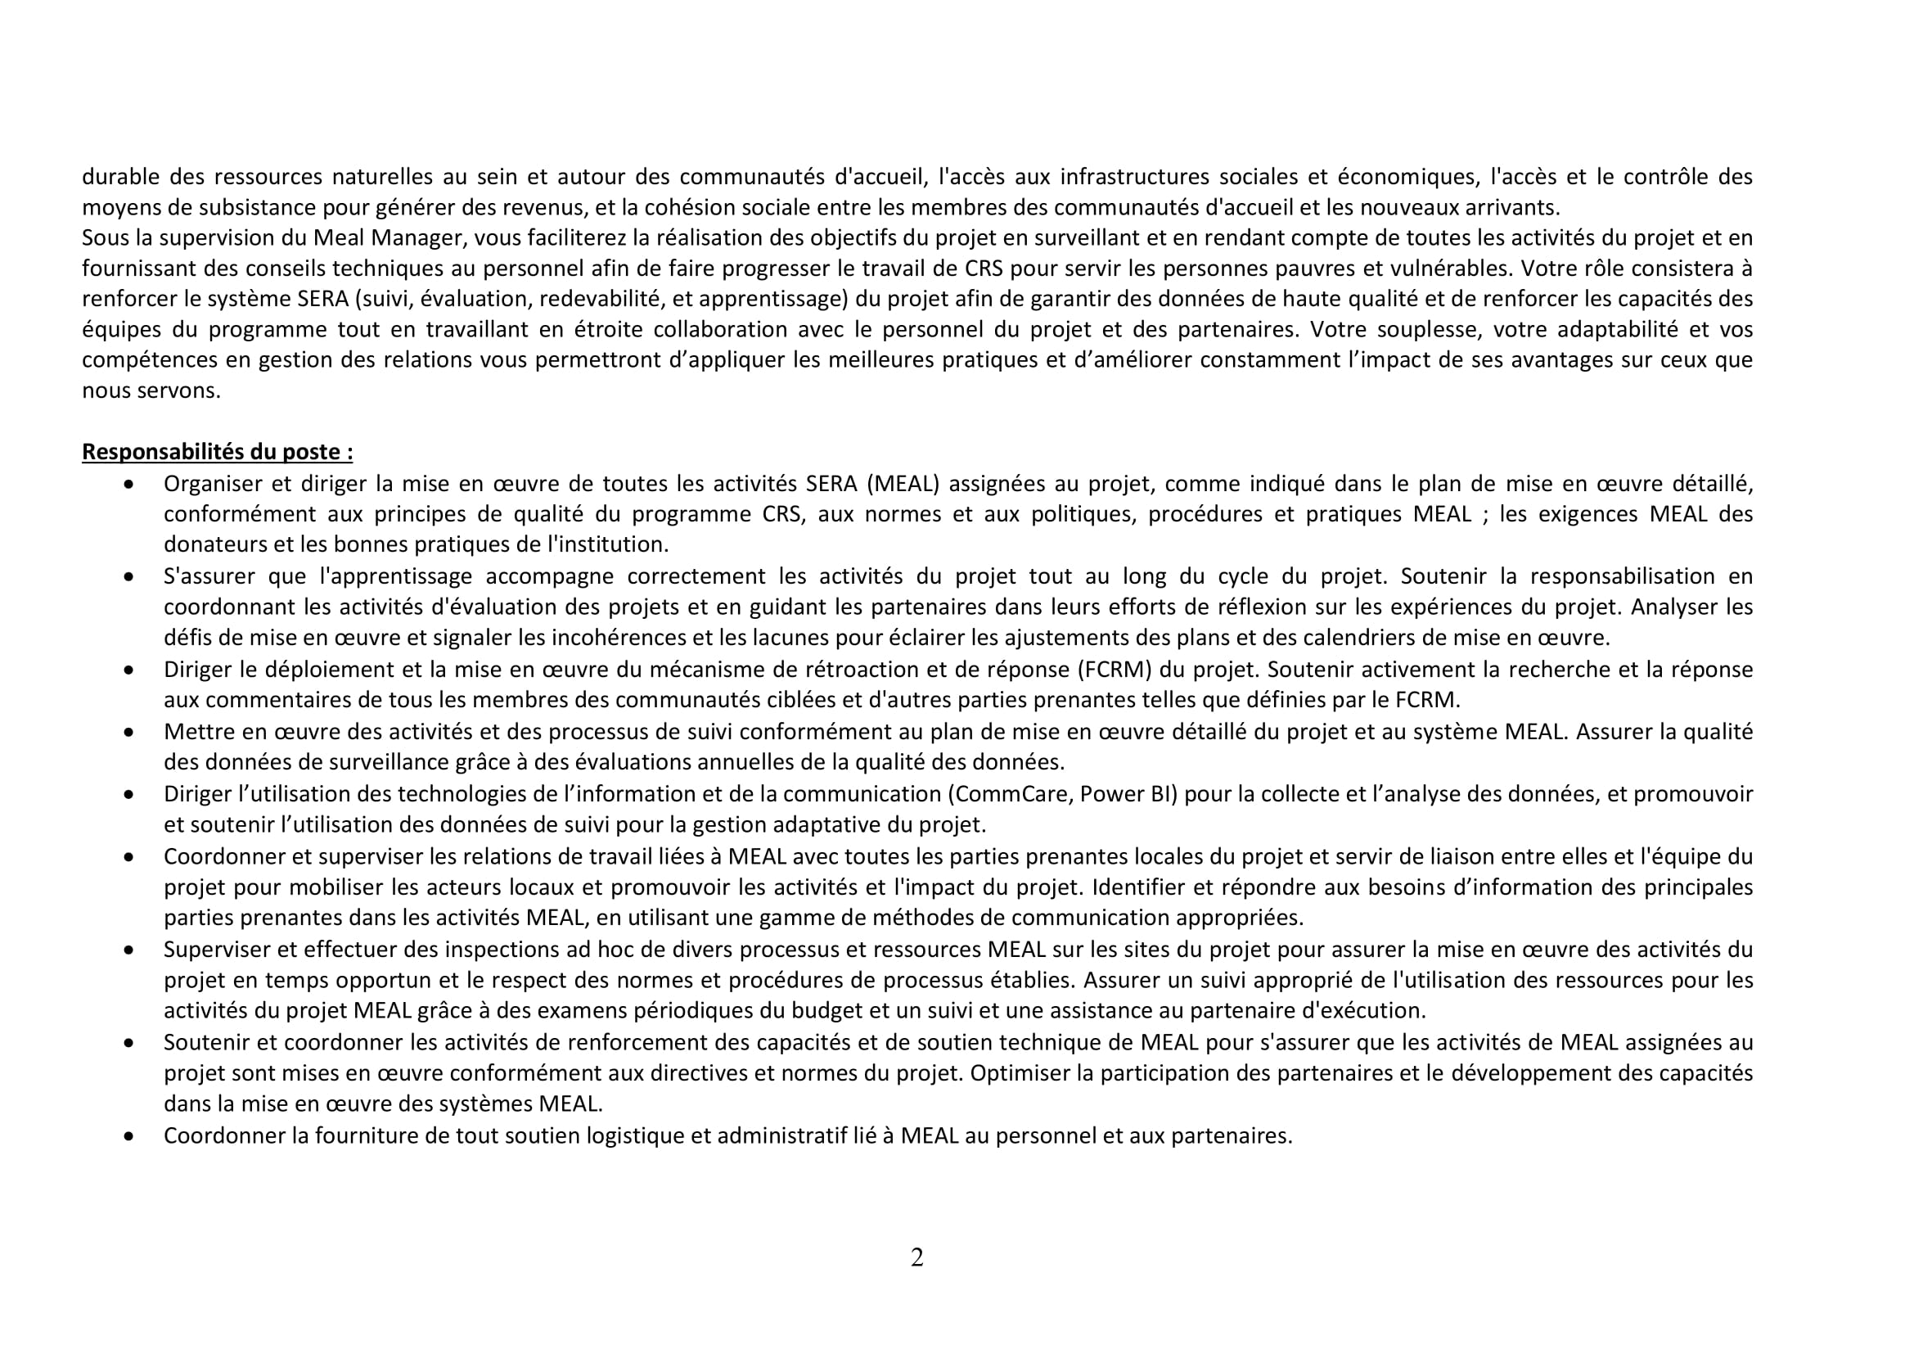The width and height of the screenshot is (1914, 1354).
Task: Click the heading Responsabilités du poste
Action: click(217, 452)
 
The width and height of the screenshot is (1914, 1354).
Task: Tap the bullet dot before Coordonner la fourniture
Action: click(128, 1135)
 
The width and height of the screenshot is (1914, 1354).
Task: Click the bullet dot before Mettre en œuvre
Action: click(128, 732)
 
